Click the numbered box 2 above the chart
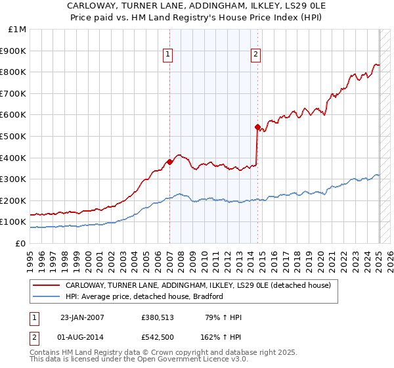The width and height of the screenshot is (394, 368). coord(255,55)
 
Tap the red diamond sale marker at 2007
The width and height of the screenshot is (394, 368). coord(169,162)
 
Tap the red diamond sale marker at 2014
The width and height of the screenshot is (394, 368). coord(257,127)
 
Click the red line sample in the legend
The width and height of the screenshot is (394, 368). coord(45,286)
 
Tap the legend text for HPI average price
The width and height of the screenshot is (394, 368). coord(144,296)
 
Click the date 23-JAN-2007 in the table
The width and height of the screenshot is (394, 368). coord(82,318)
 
